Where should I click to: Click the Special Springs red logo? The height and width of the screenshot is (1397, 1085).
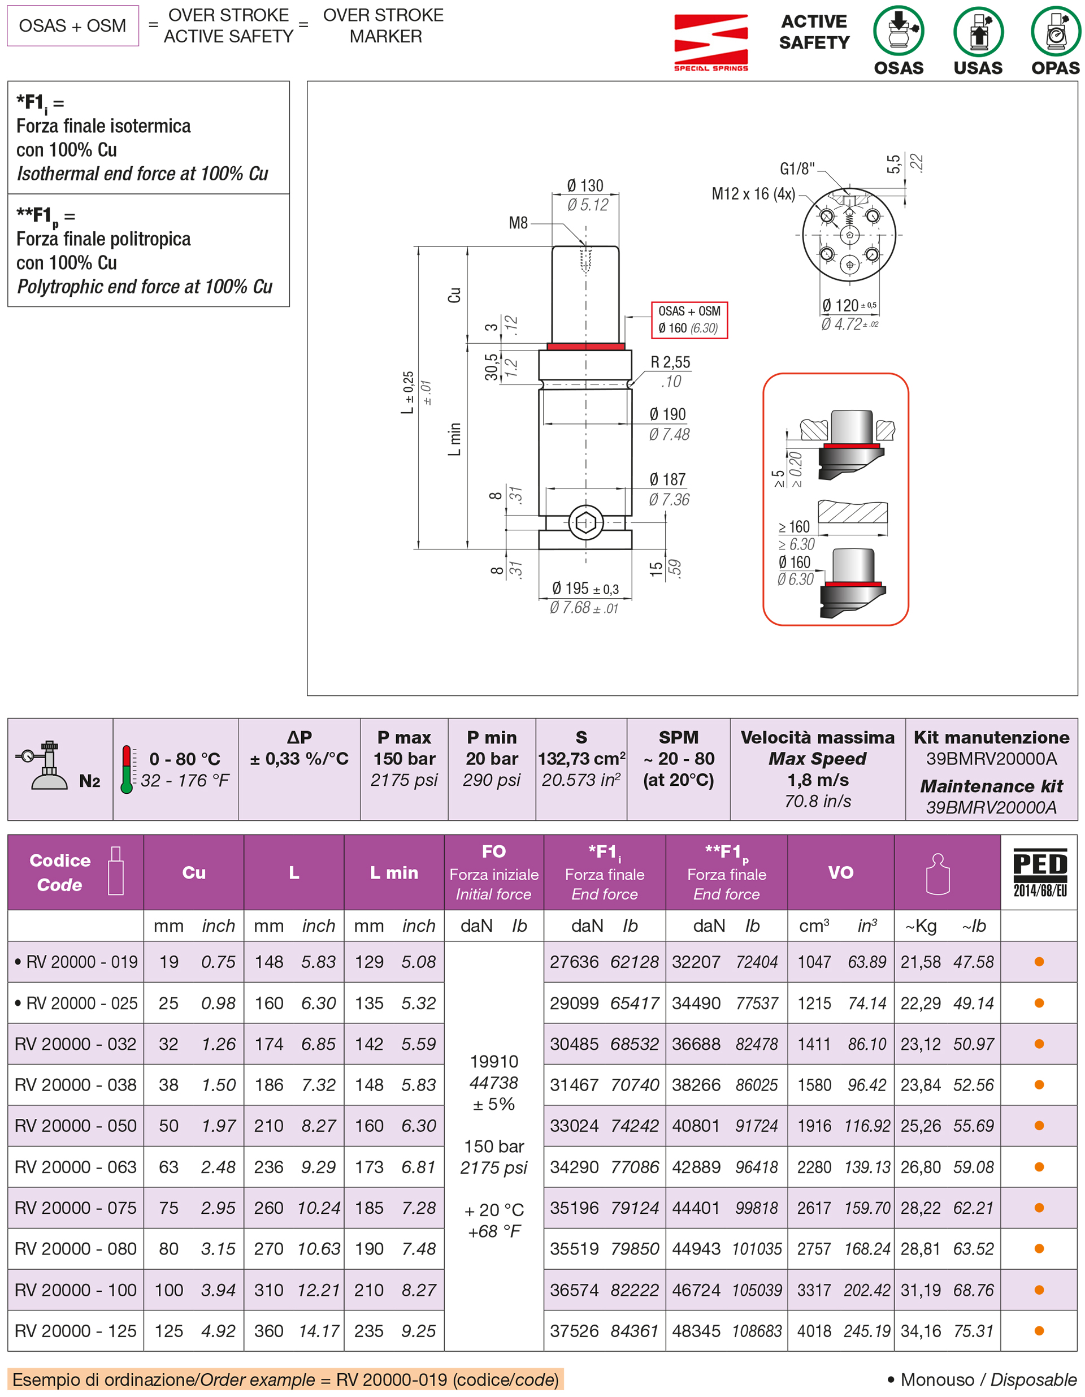[710, 42]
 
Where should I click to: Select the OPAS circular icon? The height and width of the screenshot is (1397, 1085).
[1055, 31]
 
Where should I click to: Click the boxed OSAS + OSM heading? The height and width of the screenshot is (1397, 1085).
[72, 25]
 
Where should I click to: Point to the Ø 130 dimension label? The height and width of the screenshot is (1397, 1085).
[584, 185]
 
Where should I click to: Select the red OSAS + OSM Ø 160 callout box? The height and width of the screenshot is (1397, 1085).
[689, 320]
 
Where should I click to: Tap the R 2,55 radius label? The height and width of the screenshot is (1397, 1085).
[670, 362]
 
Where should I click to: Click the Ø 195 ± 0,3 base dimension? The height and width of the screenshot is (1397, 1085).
[584, 589]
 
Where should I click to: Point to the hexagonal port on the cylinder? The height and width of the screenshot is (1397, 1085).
[585, 522]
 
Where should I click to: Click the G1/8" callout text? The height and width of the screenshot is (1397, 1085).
[797, 168]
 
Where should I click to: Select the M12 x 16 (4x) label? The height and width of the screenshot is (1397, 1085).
[753, 193]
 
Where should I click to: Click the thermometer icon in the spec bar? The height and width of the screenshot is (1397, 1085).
[127, 769]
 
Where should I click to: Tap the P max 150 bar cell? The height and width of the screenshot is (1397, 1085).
[404, 759]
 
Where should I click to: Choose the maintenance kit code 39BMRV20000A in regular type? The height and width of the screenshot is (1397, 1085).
[991, 759]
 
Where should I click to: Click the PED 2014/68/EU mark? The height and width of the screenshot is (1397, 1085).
[1039, 872]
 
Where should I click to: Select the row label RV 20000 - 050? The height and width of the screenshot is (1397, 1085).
[76, 1126]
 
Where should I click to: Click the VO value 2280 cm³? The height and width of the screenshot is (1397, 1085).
[813, 1167]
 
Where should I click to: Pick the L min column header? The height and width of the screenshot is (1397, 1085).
[394, 872]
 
